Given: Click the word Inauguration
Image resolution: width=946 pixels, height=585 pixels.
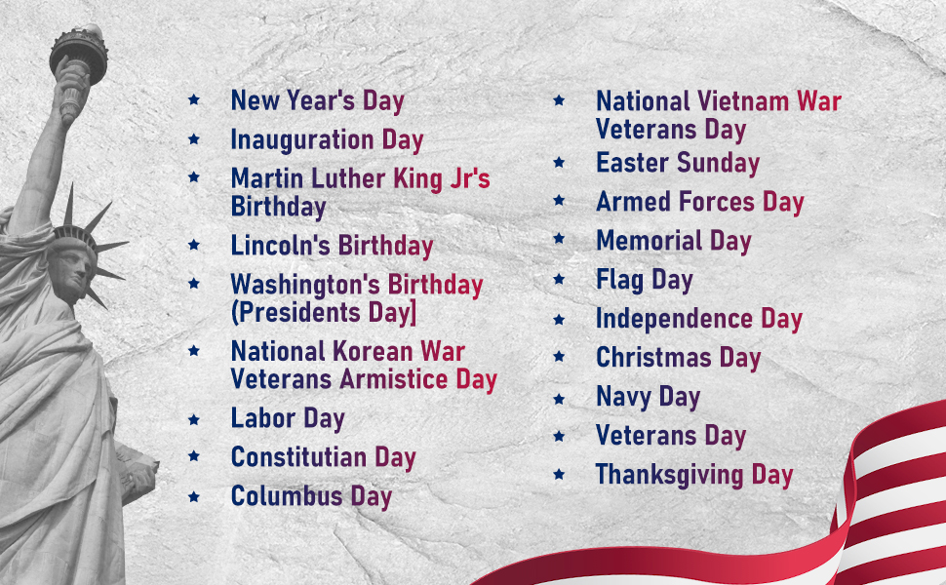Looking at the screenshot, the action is tap(302, 140).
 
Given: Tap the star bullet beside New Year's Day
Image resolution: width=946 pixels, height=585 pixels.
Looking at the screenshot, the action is tap(194, 99).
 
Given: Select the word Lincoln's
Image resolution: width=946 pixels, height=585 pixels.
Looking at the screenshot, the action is tap(281, 246).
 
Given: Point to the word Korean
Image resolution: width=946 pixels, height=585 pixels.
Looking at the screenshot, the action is tap(373, 351).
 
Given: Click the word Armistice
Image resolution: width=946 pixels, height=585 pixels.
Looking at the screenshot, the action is tap(393, 378).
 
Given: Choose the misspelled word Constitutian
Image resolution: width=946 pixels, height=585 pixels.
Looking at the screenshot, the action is tap(298, 457).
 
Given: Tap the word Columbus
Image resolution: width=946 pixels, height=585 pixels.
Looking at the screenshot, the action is tap(287, 495).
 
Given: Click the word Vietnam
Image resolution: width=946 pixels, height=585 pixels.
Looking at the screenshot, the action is tap(744, 101).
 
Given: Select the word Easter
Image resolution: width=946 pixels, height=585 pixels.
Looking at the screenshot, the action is tap(633, 163).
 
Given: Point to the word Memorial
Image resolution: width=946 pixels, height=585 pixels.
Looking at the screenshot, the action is tap(650, 240).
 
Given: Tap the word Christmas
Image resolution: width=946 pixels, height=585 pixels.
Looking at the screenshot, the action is tap(654, 357).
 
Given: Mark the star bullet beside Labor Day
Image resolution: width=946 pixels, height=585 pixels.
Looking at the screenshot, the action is tap(194, 418).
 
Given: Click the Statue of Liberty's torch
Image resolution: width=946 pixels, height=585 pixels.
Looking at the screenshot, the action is tap(78, 55).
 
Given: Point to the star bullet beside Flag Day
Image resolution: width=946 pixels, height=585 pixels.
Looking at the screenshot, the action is tap(559, 279).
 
